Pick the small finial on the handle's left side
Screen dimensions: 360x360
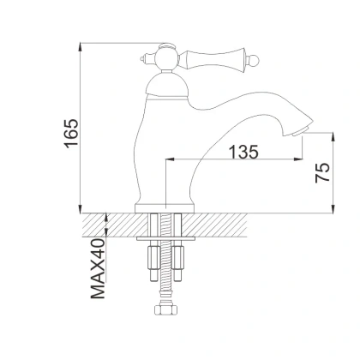click(142, 57)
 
